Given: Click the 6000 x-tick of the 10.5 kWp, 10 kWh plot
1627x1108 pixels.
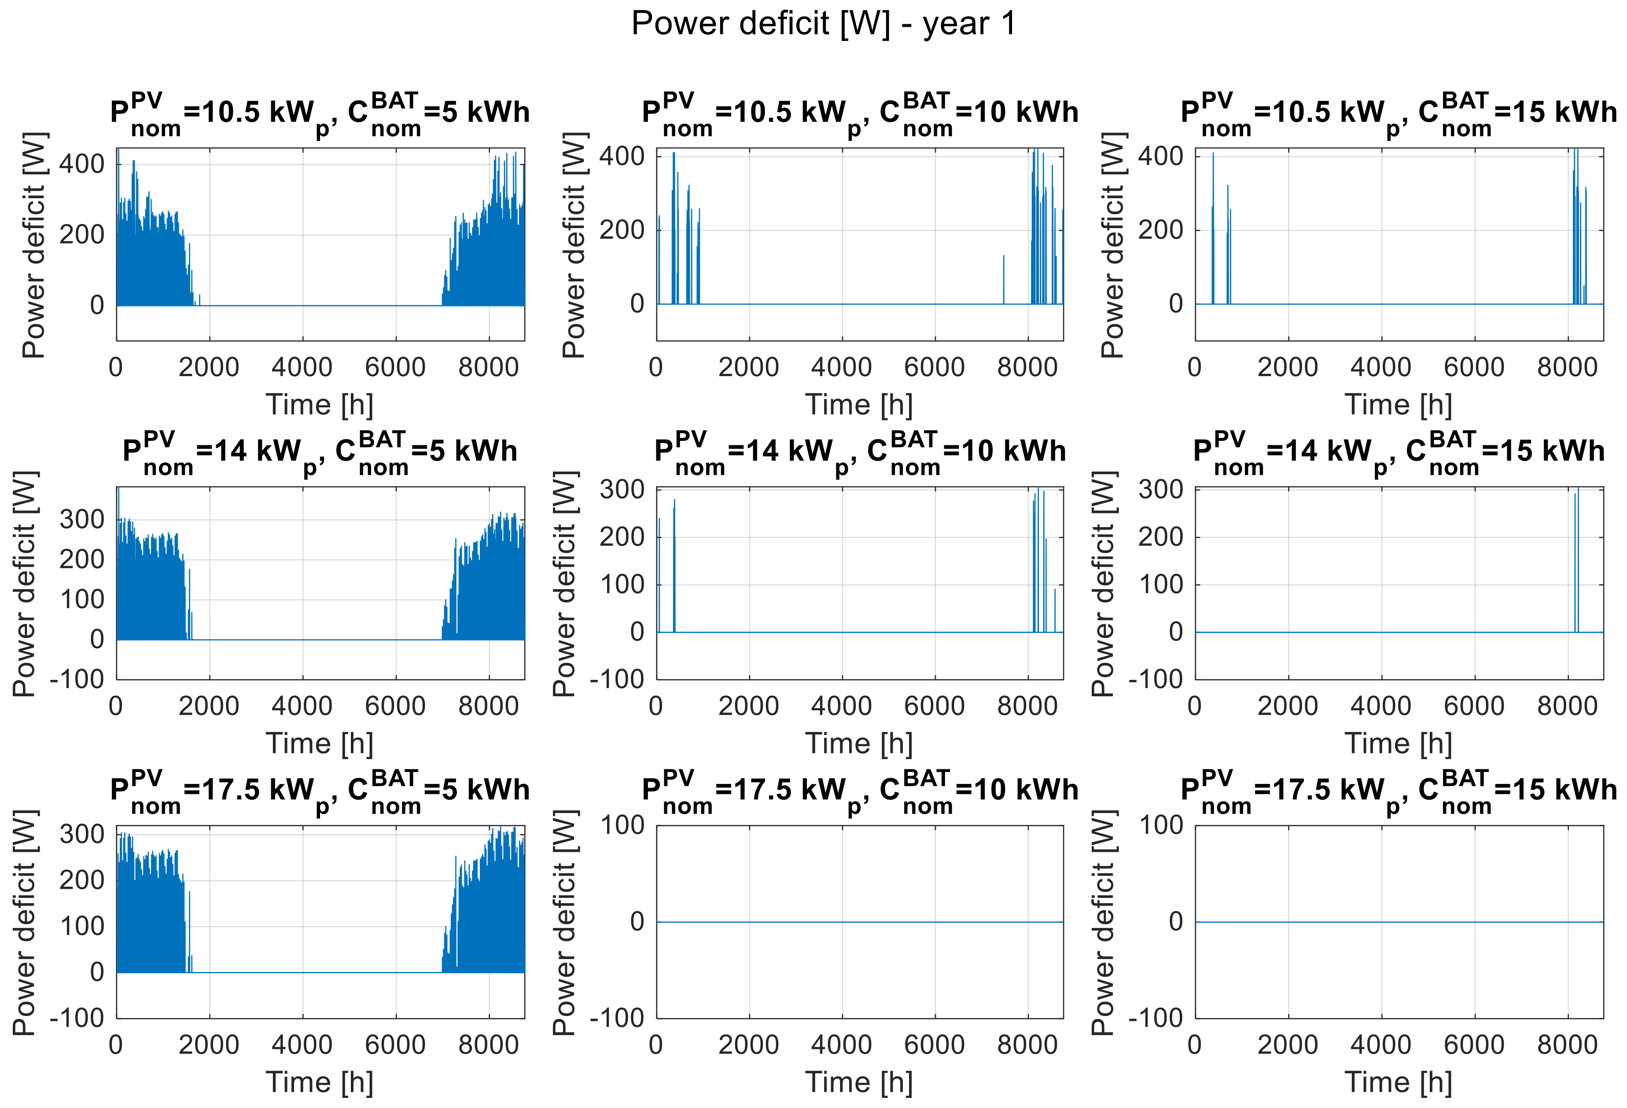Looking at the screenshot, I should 935,367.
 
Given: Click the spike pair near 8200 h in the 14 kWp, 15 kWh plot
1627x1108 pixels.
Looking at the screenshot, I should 1576,560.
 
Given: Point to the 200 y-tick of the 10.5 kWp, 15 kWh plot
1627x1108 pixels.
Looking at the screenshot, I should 1161,230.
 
